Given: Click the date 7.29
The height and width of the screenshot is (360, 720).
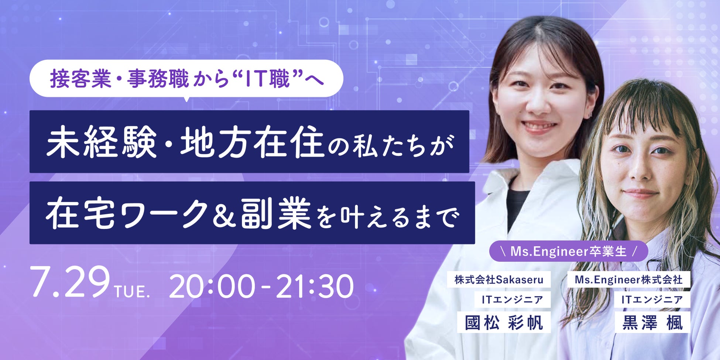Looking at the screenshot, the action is pos(71,282).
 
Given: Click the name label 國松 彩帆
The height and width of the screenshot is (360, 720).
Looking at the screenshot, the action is pos(504,322).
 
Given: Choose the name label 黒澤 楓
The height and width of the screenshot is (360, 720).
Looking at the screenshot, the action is pos(652,322).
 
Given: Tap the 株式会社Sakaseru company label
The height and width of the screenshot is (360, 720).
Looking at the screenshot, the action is pos(499,280).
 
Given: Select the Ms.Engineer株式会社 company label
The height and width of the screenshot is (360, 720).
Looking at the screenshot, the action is pos(629,280).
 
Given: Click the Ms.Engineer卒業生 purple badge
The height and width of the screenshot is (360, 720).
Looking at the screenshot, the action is pos(569,251).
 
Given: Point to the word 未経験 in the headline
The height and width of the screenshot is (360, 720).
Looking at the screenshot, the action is pos(101,142).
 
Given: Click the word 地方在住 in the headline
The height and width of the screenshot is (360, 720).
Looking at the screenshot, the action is pos(252,142).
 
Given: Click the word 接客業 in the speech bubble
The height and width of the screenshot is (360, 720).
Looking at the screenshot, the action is pos(80,79).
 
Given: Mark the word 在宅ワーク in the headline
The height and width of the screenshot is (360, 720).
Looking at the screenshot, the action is pos(127,213).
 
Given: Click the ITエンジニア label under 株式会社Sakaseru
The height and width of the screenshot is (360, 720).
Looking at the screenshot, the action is pos(512,299).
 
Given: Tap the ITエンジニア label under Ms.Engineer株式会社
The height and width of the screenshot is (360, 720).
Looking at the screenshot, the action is pos(652,299).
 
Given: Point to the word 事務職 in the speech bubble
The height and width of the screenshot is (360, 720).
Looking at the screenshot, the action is pos(158,79).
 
